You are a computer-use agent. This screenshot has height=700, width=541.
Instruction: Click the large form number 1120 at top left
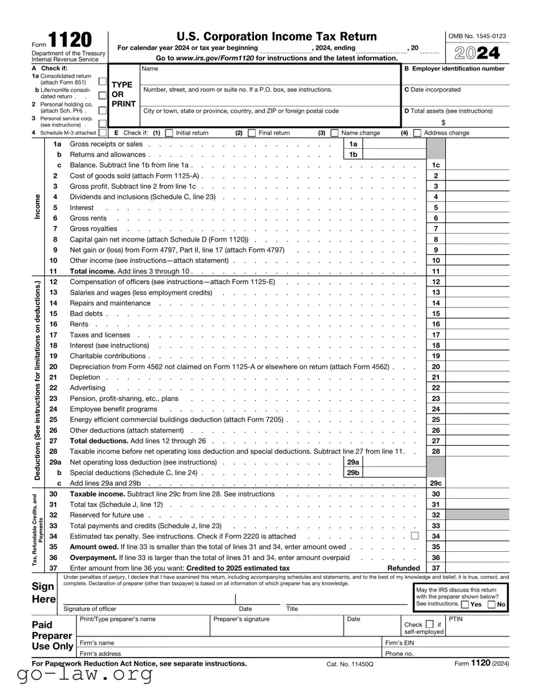point(69,40)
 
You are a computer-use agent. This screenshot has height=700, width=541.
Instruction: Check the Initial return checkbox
point(169,133)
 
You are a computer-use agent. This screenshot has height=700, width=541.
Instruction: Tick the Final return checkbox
point(252,133)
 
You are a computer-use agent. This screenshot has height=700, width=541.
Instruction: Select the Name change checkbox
point(334,133)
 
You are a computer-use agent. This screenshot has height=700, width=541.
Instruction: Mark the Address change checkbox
point(417,133)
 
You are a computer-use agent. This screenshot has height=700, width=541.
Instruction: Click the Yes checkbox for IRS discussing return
point(465,604)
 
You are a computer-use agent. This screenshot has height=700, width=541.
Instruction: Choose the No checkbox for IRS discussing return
point(492,604)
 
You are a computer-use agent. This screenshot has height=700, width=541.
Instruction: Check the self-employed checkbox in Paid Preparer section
point(430,624)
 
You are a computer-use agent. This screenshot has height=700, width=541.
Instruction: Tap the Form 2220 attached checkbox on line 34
point(415,536)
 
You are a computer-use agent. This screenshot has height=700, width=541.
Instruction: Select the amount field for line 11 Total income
point(477,272)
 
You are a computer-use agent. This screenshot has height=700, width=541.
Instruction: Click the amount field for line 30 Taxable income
point(477,494)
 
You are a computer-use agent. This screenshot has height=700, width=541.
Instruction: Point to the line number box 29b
point(353,473)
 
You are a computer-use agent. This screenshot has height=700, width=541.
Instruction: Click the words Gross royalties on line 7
point(93,229)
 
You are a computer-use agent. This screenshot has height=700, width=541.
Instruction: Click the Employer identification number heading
point(454,69)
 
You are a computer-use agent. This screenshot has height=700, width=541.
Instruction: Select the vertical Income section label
point(38,207)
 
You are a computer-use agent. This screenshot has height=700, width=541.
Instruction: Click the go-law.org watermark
point(85,674)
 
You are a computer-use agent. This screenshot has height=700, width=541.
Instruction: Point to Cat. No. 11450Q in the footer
point(350,665)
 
